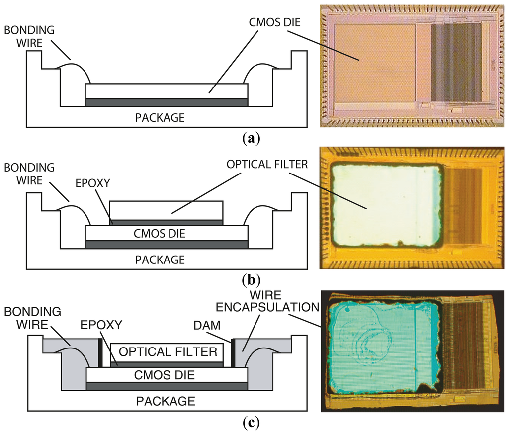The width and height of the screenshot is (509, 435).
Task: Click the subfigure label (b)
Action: pyautogui.click(x=251, y=280)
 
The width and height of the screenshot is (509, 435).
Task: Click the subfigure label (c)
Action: pyautogui.click(x=251, y=423)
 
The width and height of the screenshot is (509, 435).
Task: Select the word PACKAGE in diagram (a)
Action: pyautogui.click(x=160, y=118)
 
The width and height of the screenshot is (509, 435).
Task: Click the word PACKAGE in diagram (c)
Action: pyautogui.click(x=167, y=401)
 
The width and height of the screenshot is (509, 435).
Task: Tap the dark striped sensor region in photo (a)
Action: pyautogui.click(x=455, y=62)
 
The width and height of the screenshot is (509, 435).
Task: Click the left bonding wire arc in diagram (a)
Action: pyautogui.click(x=75, y=67)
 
